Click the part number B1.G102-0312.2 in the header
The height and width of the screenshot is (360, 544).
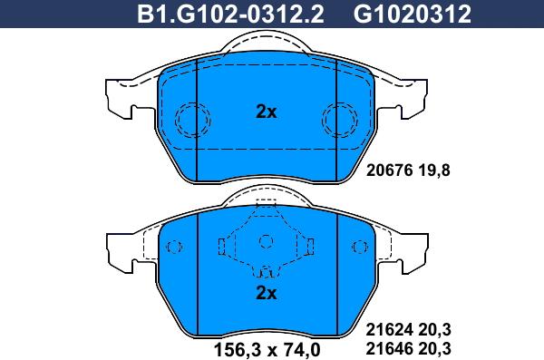pos(230,15)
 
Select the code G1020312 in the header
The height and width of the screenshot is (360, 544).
pos(413,15)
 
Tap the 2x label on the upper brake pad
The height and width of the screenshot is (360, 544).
pos(266,112)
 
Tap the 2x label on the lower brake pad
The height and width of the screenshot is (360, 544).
pos(266,293)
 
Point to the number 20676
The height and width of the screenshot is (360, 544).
pos(390,170)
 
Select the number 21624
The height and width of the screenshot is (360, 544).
pos(390,330)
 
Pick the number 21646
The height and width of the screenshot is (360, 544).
pos(390,348)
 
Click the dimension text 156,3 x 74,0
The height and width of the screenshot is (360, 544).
pos(267,350)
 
